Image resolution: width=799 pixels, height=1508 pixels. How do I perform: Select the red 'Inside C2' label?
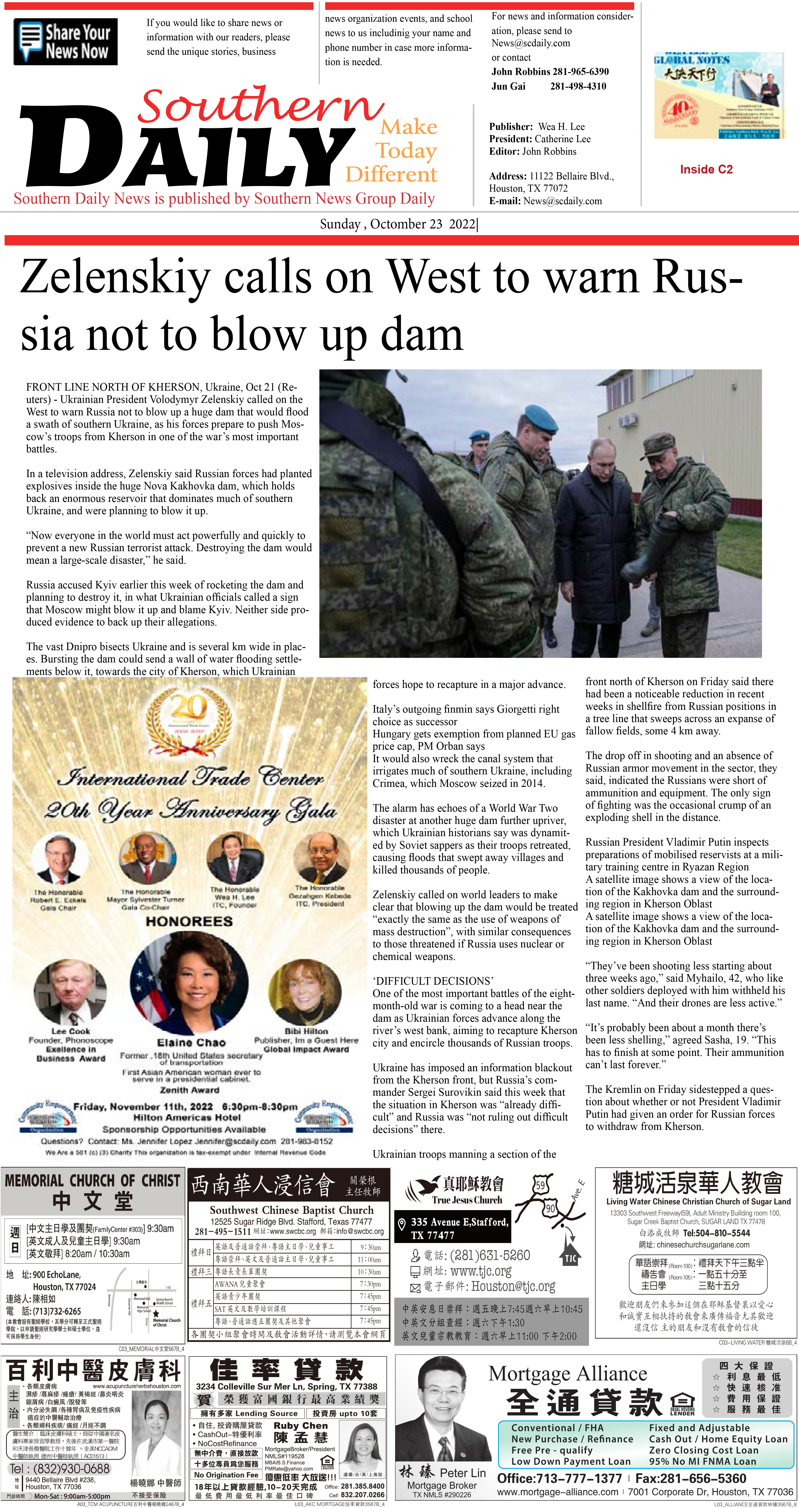(706, 169)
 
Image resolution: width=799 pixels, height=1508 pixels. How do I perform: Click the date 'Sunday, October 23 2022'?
(398, 224)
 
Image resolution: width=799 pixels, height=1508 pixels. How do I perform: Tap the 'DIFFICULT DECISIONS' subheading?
(433, 981)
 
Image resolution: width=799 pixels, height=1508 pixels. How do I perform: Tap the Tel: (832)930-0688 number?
(60, 1469)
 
